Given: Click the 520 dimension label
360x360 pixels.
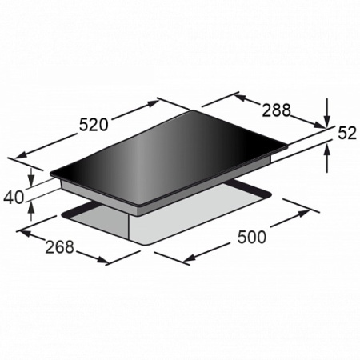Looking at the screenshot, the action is (94, 125).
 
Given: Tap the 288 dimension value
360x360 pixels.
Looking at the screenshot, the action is (276, 110).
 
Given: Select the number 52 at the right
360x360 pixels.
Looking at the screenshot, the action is (347, 133).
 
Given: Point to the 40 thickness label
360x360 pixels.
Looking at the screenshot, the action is (14, 198).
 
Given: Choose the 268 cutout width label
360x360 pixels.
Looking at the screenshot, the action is (59, 246).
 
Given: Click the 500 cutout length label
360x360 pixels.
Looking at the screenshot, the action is (252, 237).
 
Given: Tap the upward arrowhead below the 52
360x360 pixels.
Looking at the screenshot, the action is (327, 150).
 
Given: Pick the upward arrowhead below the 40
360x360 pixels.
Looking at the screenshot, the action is (31, 206).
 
